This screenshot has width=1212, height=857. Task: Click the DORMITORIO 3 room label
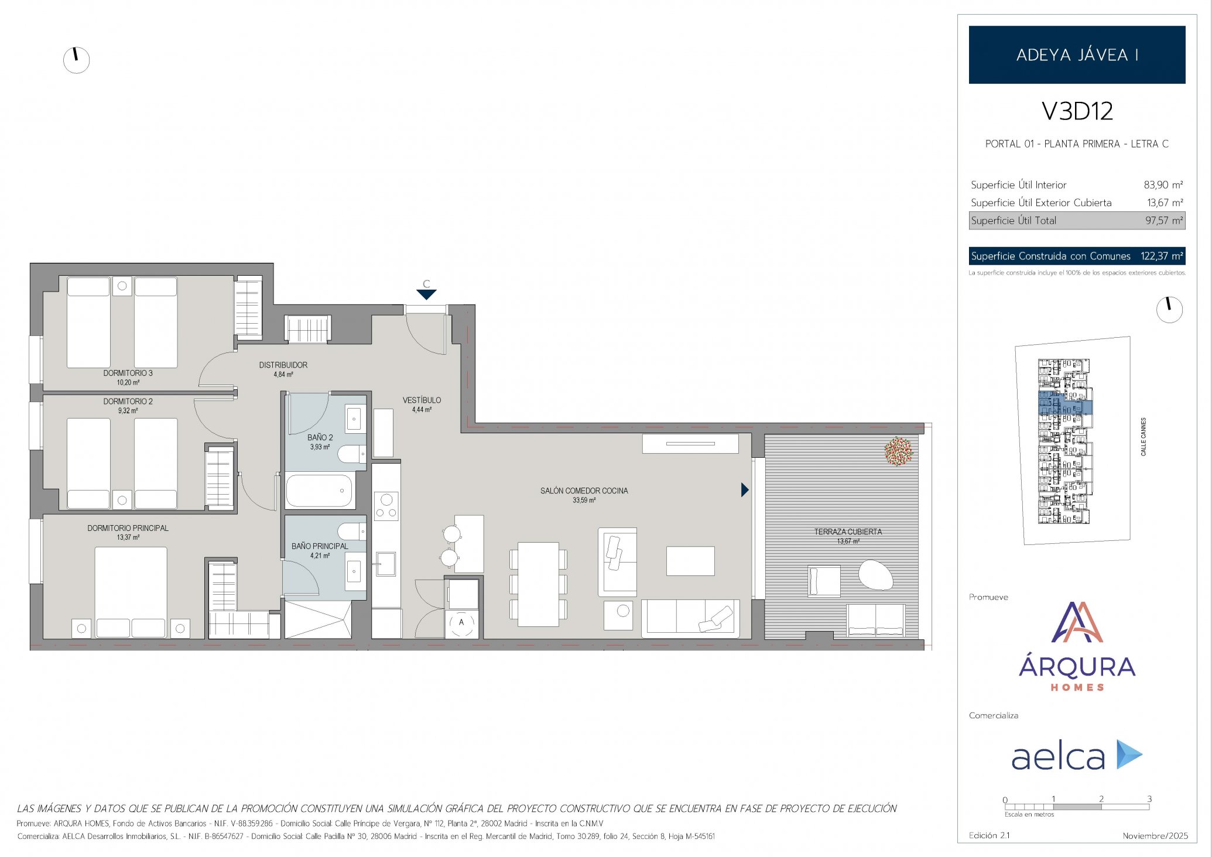coord(128,373)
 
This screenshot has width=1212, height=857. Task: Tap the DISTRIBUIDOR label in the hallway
coord(283,365)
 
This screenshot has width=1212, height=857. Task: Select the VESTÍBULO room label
coord(422,400)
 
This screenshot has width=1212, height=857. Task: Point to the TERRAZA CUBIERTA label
coord(848,532)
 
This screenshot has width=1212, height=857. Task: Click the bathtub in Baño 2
coord(320,491)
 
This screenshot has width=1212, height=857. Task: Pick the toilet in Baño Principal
coord(352,532)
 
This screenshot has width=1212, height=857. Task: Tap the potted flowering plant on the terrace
coord(899,451)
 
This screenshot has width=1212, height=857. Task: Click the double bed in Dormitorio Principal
coord(131,592)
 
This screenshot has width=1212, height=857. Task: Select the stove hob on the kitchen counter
coord(386,506)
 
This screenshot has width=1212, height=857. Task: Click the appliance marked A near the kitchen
coord(461,622)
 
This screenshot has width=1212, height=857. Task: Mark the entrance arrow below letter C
coord(426,294)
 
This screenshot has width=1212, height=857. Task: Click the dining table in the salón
coord(538,584)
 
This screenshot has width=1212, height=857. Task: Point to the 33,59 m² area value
coord(584,501)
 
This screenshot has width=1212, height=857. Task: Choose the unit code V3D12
coord(1077,111)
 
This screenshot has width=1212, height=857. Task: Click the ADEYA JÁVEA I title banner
coord(1077,54)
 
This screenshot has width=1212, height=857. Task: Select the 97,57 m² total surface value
coord(1164,221)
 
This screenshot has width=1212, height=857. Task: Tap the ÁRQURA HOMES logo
coord(1077,646)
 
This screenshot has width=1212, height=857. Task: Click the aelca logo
coord(1077,755)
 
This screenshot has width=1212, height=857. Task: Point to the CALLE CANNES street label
coord(1143,437)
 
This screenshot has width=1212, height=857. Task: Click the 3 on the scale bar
coord(1149,798)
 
